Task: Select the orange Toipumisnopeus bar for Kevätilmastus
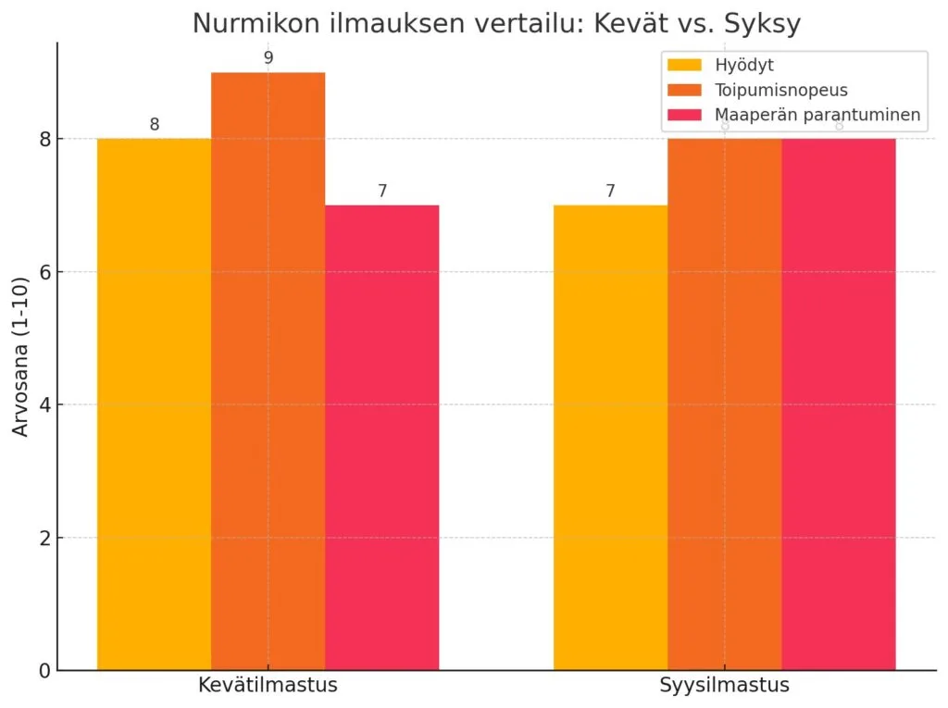coord(268,370)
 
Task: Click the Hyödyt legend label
coord(743,66)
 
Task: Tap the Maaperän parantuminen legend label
coord(817,116)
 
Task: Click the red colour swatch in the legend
coord(684,116)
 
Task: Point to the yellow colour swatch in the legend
coord(684,66)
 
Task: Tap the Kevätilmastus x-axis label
coord(268,687)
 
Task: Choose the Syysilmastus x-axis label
coord(724,687)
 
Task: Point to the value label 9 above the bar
coord(268,58)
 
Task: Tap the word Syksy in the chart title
coord(766,24)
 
